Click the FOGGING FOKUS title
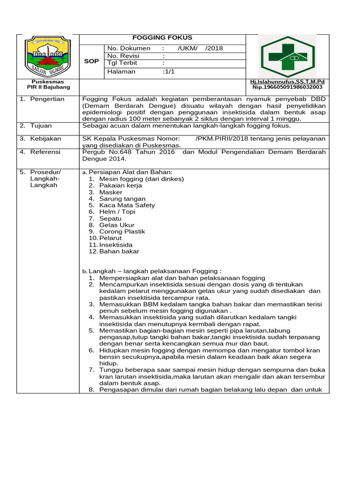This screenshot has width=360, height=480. [162, 38]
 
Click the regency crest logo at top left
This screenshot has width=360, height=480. [47, 55]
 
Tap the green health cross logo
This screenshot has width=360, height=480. [288, 56]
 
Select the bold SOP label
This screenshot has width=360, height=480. [91, 61]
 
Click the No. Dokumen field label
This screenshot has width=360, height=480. [129, 48]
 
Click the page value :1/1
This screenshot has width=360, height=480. [169, 72]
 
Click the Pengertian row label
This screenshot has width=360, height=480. [47, 99]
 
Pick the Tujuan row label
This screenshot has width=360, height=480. [41, 126]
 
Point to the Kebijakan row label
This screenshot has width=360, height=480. [45, 139]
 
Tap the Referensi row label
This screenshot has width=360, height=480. [46, 152]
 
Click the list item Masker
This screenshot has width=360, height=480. [111, 192]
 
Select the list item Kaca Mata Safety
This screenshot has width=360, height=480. [127, 205]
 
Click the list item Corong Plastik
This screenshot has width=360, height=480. [122, 232]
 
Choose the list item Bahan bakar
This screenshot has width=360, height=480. [119, 251]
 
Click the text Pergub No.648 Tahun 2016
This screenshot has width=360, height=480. [129, 152]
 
